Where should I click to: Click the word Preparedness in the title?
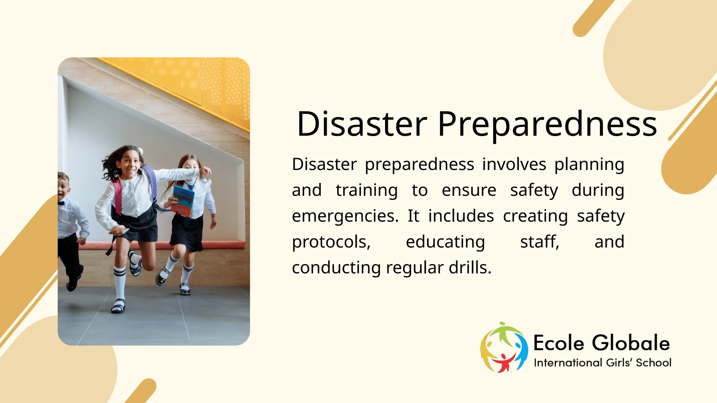547,125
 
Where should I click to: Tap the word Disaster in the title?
362,124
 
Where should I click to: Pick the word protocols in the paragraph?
331,242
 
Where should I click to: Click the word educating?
445,242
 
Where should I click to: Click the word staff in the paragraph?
539,242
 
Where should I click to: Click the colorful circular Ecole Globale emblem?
504,347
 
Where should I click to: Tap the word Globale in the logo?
631,343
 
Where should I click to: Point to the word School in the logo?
654,363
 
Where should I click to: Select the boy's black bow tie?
62,203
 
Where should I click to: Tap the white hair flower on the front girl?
140,151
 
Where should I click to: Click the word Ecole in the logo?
559,343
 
